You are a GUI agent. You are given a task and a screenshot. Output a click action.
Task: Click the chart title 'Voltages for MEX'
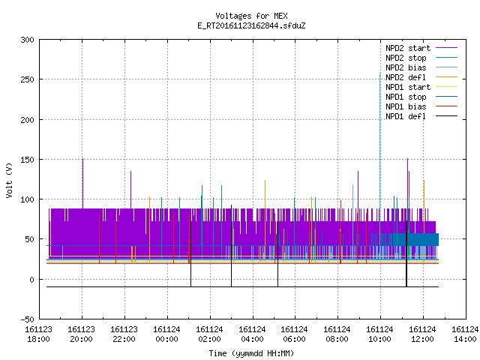pos(251,16)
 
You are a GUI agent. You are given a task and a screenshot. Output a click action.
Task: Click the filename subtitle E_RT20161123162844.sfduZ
pos(251,25)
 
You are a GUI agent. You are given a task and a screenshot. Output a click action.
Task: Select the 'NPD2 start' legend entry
pos(421,48)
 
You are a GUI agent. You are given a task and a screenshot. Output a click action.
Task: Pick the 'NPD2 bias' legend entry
pos(421,67)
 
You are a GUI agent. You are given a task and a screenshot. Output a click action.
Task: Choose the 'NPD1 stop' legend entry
pos(421,97)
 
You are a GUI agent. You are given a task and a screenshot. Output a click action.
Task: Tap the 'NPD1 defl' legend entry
pos(421,116)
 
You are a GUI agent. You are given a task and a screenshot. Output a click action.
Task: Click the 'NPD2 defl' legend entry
pos(421,77)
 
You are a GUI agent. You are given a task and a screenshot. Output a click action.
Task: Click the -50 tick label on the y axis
pos(27,319)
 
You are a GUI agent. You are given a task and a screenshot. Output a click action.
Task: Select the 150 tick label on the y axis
pos(27,160)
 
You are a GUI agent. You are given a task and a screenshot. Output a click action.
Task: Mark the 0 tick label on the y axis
pos(31,280)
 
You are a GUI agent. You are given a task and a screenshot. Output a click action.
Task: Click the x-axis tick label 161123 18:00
pos(38,334)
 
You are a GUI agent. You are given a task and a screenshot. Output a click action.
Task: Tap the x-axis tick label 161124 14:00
pos(465,334)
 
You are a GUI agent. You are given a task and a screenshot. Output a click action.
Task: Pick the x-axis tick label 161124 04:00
pos(252,334)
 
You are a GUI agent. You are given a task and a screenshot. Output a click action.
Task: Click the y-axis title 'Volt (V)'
pos(9,180)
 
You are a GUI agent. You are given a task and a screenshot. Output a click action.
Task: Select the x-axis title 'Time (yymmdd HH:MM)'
pos(251,353)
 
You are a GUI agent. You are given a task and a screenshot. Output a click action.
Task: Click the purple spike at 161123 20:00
pos(82,184)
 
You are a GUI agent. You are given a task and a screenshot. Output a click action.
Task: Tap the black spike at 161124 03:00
pos(232,246)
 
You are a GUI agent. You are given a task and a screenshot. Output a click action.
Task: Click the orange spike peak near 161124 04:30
pos(265,181)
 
